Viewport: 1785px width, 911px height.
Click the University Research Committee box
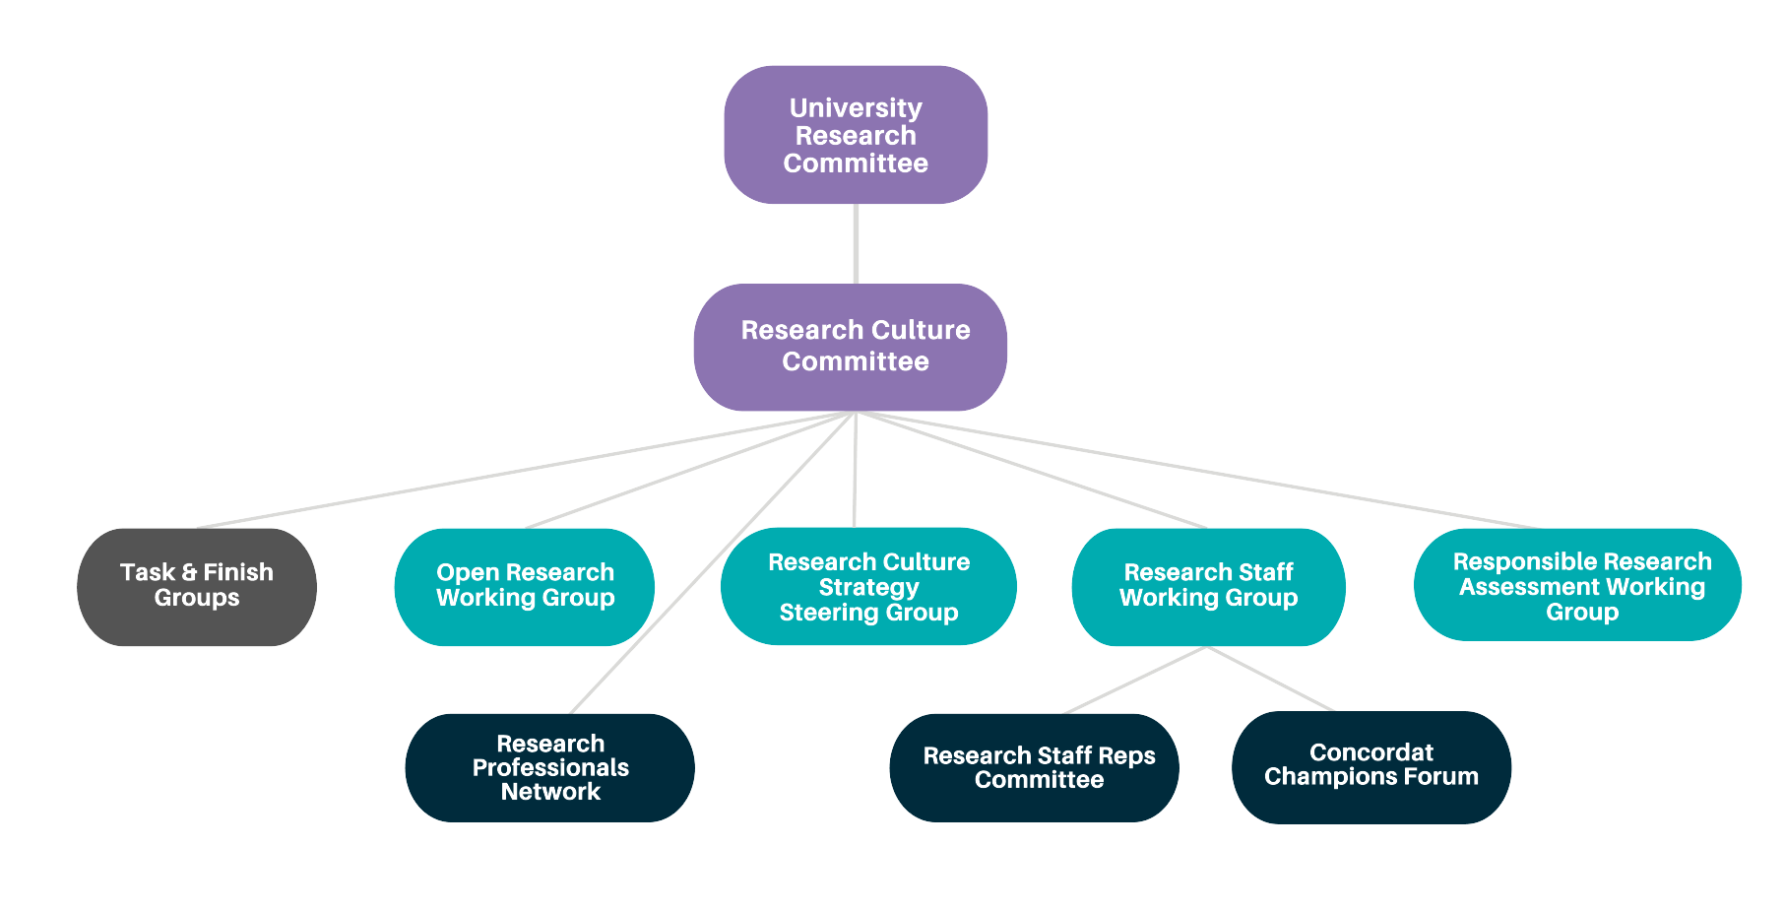(856, 135)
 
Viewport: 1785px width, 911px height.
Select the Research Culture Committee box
(851, 347)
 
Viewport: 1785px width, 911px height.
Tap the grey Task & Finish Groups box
(197, 587)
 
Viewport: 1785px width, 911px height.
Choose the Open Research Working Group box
(525, 587)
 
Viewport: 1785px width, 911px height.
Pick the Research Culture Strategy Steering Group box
(868, 587)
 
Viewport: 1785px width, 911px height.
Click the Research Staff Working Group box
(1208, 587)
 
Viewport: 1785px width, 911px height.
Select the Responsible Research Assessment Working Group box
(1577, 586)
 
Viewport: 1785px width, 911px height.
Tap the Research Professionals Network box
(549, 768)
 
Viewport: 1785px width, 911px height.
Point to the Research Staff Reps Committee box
(1034, 768)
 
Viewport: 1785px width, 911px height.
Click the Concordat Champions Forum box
(1371, 767)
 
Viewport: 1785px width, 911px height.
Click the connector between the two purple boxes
(856, 243)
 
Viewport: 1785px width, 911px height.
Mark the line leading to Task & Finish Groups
(522, 470)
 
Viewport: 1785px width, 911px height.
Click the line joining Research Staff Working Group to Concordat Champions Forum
(1270, 679)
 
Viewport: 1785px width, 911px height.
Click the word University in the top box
(856, 107)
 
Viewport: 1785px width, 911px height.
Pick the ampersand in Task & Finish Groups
(189, 572)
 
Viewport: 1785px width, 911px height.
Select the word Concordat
(1371, 752)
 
